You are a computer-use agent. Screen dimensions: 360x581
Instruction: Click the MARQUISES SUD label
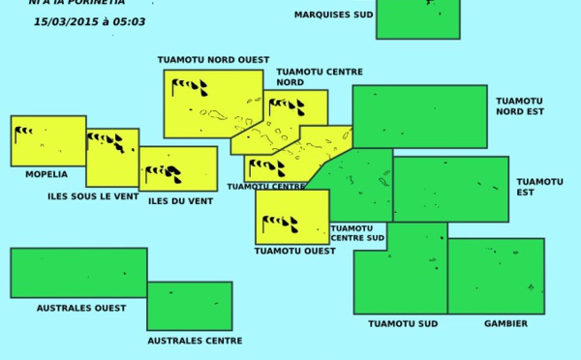click(x=333, y=15)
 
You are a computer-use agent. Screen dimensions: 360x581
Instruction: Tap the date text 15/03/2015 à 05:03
click(x=89, y=21)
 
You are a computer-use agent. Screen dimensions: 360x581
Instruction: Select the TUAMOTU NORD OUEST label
click(x=213, y=60)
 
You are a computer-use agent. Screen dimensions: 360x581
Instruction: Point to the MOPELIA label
click(x=46, y=174)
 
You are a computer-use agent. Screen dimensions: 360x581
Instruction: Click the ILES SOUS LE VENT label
click(x=92, y=196)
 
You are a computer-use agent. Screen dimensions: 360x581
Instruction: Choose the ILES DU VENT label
click(x=180, y=201)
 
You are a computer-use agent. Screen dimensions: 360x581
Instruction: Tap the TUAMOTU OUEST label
click(x=294, y=251)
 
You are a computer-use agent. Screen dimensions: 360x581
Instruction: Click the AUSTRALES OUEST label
click(x=80, y=308)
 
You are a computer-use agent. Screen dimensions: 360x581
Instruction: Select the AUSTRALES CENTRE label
click(x=195, y=341)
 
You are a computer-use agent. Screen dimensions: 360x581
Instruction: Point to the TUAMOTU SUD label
click(x=403, y=323)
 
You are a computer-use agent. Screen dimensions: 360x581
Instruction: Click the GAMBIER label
click(x=505, y=323)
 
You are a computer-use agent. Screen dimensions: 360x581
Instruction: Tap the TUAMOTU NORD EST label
click(x=520, y=105)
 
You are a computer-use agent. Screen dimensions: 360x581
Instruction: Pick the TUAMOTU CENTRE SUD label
click(x=357, y=232)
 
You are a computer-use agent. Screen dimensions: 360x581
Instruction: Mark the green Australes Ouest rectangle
click(x=78, y=272)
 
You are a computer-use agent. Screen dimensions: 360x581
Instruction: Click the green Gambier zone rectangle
click(x=495, y=276)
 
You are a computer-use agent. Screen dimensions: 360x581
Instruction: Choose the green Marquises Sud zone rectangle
click(x=417, y=19)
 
